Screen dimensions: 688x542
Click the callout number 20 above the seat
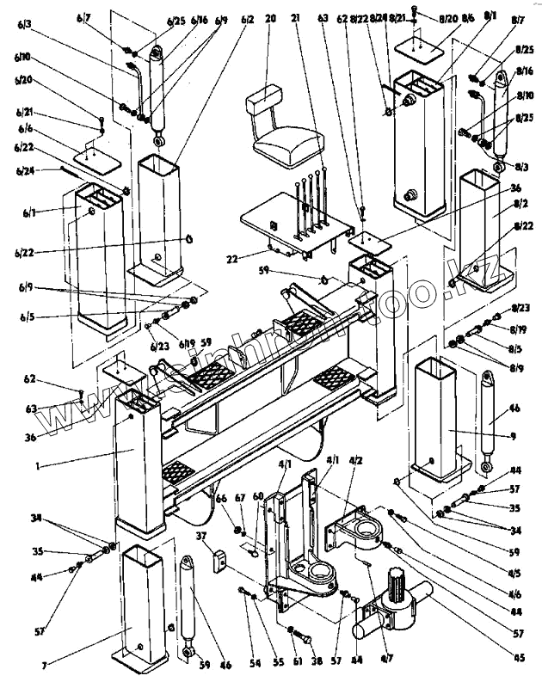271,19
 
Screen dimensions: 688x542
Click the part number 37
202,537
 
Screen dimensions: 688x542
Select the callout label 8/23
520,308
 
